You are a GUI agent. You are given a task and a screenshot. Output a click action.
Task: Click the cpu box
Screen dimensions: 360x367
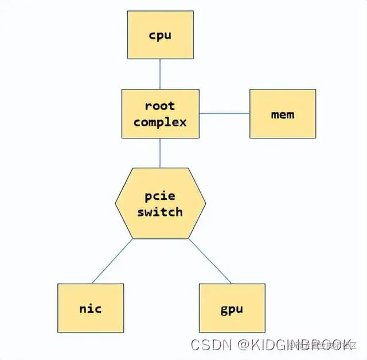click(x=160, y=35)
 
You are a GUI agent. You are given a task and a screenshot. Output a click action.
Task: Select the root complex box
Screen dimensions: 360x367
click(x=160, y=113)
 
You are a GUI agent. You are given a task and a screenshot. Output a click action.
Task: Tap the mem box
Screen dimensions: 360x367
click(x=283, y=113)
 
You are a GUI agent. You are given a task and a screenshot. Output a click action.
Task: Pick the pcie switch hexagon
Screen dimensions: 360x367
click(x=160, y=203)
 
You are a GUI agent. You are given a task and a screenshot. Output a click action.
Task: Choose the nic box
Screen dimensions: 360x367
click(x=91, y=308)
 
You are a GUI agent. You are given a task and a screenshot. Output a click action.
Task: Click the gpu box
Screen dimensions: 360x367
click(x=232, y=308)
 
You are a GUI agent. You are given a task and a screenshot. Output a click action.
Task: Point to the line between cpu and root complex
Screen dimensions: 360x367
click(x=160, y=73)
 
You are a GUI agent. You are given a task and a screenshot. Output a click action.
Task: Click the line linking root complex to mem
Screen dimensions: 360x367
click(x=225, y=113)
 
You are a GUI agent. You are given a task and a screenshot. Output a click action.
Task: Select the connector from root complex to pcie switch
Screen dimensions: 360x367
click(x=160, y=153)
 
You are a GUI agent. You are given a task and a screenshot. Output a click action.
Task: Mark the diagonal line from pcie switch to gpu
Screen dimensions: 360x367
click(x=210, y=261)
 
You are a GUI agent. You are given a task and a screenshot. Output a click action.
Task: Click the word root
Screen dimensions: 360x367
click(x=160, y=106)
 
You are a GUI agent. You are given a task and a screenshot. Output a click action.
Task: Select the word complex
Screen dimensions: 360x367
click(x=160, y=122)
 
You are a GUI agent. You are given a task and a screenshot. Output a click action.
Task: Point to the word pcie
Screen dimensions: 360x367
click(x=160, y=195)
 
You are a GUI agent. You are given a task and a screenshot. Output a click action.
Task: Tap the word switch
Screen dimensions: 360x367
click(x=160, y=211)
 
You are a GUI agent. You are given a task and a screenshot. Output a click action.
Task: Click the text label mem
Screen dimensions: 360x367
click(x=283, y=114)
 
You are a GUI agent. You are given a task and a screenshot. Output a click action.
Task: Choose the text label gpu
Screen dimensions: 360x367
click(x=232, y=309)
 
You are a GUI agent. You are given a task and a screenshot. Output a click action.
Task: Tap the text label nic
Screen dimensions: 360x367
click(x=91, y=308)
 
